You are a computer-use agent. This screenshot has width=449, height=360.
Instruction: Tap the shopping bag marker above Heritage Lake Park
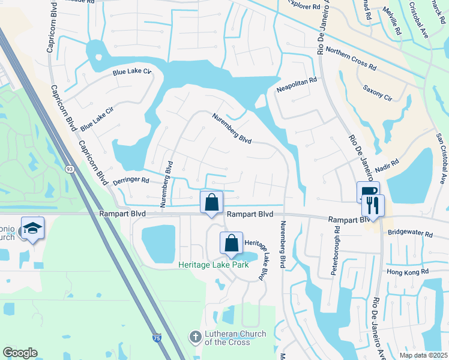point(231,244)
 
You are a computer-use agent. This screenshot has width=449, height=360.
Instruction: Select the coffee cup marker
point(367,193)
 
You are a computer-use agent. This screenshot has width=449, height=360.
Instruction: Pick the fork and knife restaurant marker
point(373,206)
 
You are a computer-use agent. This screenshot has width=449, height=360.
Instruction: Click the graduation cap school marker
point(32,229)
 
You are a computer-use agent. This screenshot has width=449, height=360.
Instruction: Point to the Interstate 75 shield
point(157,338)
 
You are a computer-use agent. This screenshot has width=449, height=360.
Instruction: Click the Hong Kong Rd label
point(408,272)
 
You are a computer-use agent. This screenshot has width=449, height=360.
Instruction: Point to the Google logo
point(20,353)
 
